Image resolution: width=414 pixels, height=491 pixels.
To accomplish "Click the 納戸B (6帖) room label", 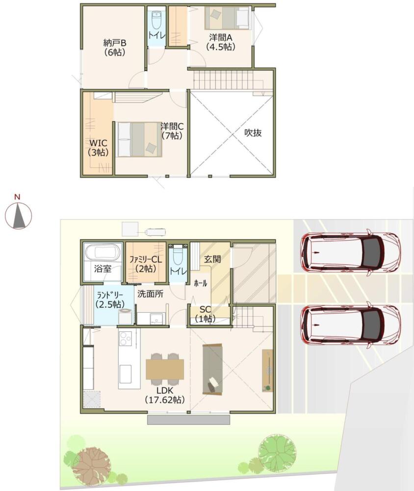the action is (x=114, y=47).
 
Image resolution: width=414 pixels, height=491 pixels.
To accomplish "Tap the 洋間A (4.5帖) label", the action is (x=221, y=42).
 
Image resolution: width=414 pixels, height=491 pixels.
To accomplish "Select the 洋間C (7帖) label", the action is (x=172, y=131).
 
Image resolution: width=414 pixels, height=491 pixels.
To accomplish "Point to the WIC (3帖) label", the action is (x=99, y=148).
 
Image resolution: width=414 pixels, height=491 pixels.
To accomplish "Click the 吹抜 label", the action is (x=253, y=133).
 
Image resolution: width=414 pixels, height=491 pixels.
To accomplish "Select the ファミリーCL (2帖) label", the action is (x=146, y=264).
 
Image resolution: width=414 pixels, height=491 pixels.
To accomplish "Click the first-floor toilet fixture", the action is (x=178, y=255).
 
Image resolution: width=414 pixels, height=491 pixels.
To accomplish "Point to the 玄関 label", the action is (x=213, y=259).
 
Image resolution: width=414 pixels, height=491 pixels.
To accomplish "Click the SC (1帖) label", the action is (x=205, y=314).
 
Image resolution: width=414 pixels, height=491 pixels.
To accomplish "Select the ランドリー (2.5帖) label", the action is (x=110, y=300).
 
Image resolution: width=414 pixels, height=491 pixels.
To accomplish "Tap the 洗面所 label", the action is (x=150, y=294).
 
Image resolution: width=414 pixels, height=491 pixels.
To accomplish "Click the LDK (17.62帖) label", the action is (x=165, y=395).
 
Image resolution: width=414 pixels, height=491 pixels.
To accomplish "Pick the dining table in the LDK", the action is (x=165, y=370).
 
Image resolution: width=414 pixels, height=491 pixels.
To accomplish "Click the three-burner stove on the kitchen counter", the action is (x=126, y=338).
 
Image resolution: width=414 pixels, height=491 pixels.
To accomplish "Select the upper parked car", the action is (x=350, y=252).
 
